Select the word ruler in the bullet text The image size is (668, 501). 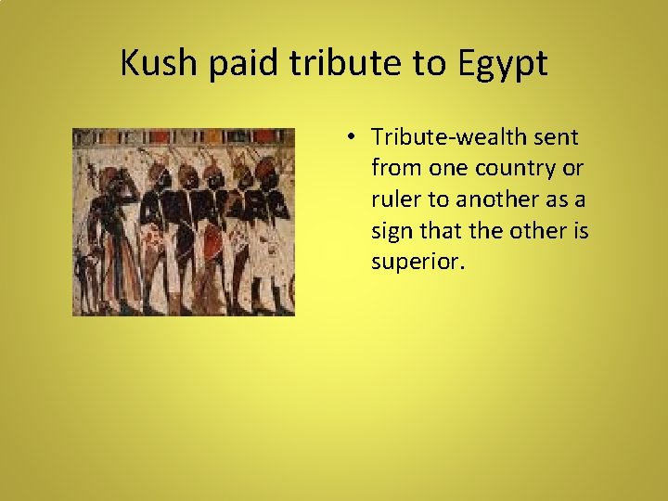393,199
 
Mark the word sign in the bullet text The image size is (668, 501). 392,231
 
